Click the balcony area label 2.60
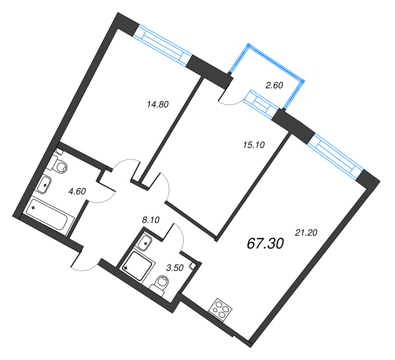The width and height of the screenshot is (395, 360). [274, 85]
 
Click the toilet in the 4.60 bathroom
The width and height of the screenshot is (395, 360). [60, 166]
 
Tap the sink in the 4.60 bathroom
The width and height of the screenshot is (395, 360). [45, 185]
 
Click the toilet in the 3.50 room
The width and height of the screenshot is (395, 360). [160, 283]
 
